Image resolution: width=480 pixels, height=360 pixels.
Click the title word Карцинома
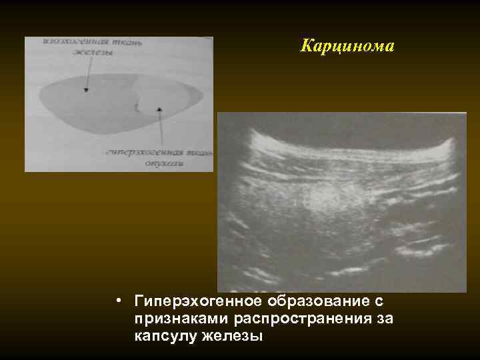point(347,47)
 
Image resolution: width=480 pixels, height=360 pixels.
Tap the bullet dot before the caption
point(117,302)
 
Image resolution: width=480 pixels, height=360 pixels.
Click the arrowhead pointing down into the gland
point(85,89)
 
